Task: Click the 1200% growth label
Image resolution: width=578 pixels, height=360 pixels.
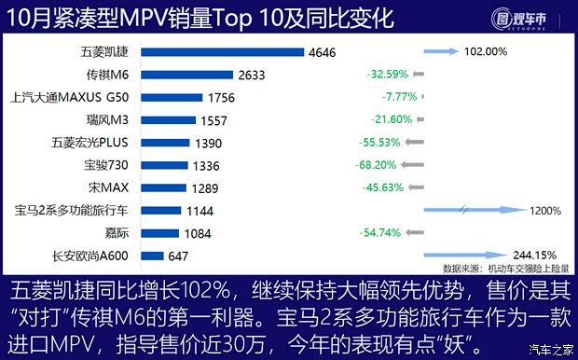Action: pos(545,211)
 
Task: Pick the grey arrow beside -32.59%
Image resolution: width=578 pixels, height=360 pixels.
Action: pos(418,74)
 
